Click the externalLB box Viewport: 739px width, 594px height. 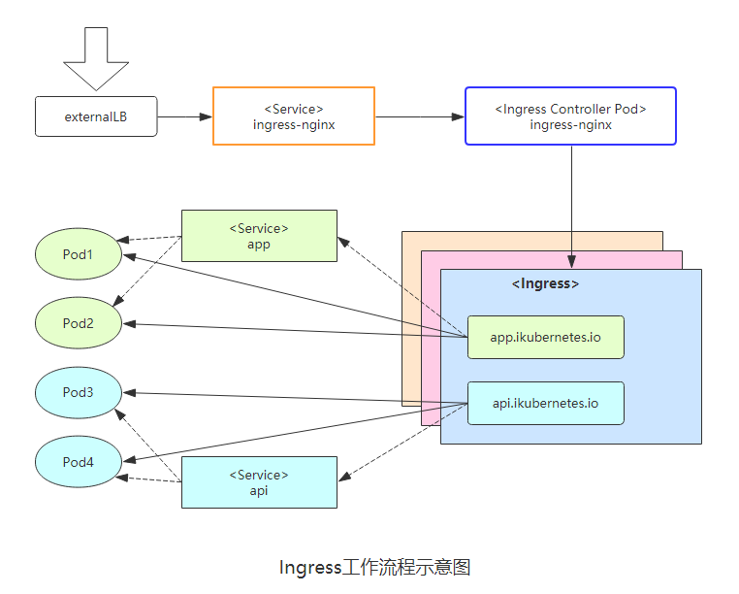(96, 116)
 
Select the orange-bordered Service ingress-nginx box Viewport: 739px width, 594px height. (294, 116)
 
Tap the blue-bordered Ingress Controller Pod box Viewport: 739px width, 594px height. (570, 116)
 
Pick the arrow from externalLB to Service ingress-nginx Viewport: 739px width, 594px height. (184, 116)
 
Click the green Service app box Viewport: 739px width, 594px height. (259, 236)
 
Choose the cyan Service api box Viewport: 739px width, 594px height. (259, 482)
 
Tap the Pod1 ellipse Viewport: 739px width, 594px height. (79, 254)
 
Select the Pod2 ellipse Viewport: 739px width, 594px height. (79, 322)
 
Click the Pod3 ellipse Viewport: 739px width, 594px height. (79, 392)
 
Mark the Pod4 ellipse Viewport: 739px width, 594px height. (79, 462)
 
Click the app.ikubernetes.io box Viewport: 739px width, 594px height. (545, 338)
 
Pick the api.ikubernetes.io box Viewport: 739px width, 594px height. (545, 403)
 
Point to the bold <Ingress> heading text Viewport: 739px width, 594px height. (545, 284)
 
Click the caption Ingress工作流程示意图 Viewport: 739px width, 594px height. (374, 567)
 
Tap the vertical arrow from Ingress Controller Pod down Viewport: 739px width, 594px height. (571, 204)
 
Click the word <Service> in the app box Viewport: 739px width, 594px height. (259, 228)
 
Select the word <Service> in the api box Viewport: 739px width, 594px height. (259, 475)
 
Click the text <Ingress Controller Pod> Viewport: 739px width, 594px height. (570, 110)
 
